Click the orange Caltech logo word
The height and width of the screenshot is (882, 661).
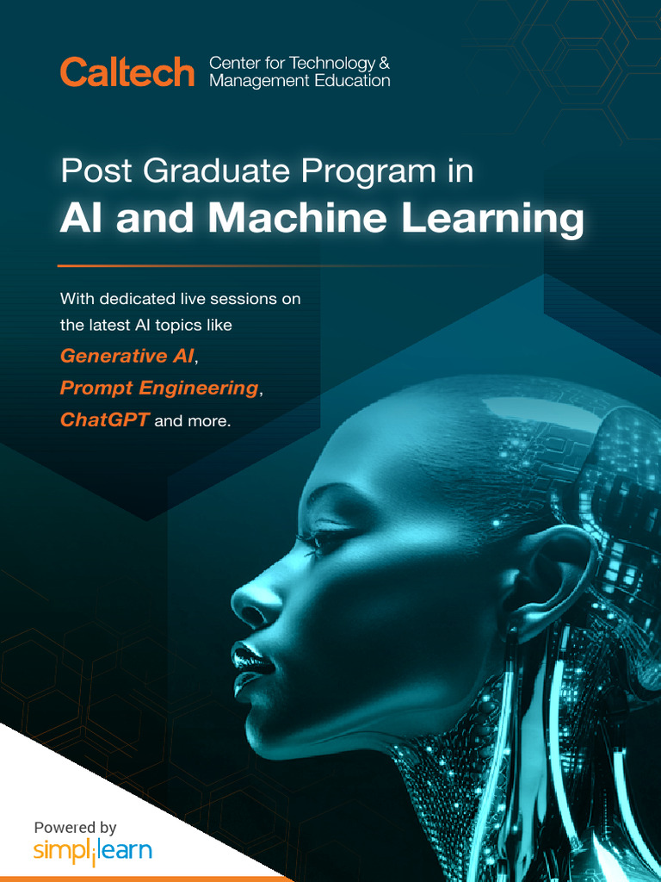[x=127, y=72]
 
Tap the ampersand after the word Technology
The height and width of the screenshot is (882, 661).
[x=384, y=63]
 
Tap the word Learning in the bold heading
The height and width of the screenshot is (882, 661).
[x=492, y=220]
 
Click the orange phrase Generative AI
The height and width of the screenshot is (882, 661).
[x=127, y=356]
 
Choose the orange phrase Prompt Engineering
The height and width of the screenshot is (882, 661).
[x=158, y=388]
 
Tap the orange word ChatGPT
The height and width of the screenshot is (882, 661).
[x=104, y=420]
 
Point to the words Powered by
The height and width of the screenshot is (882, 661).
[x=75, y=828]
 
